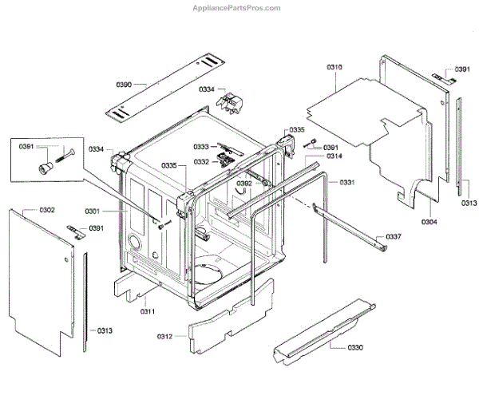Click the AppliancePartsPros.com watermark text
click(x=237, y=7)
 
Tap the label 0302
click(x=46, y=210)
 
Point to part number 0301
click(x=93, y=211)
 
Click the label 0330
click(x=355, y=348)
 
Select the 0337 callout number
click(x=394, y=237)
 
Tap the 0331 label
click(x=346, y=183)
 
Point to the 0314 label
click(x=334, y=156)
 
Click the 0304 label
click(x=429, y=221)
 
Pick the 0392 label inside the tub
click(x=243, y=184)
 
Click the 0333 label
click(x=201, y=146)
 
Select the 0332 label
click(x=201, y=161)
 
